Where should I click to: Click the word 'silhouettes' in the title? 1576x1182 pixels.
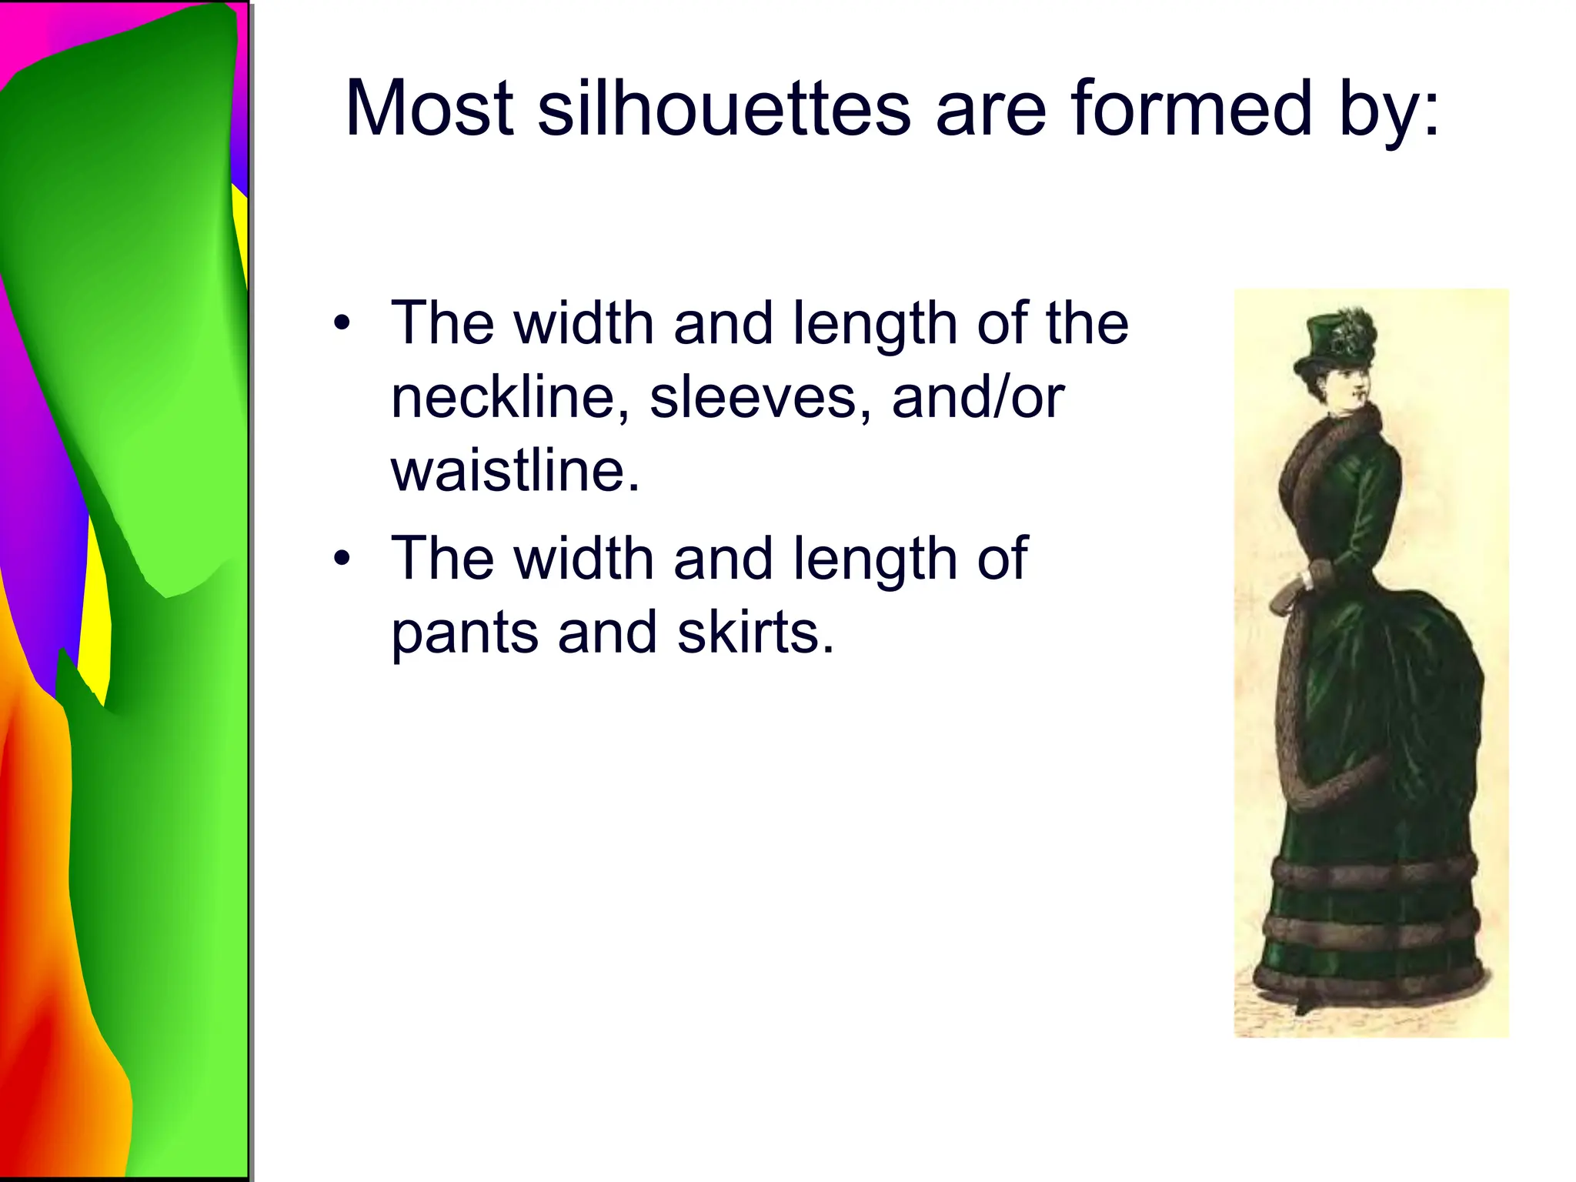[x=723, y=109]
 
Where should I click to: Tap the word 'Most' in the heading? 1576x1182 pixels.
[x=429, y=109]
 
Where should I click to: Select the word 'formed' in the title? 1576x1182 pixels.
[x=1190, y=109]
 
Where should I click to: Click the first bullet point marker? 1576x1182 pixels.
[x=342, y=323]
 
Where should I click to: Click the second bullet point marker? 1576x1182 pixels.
[x=342, y=559]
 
